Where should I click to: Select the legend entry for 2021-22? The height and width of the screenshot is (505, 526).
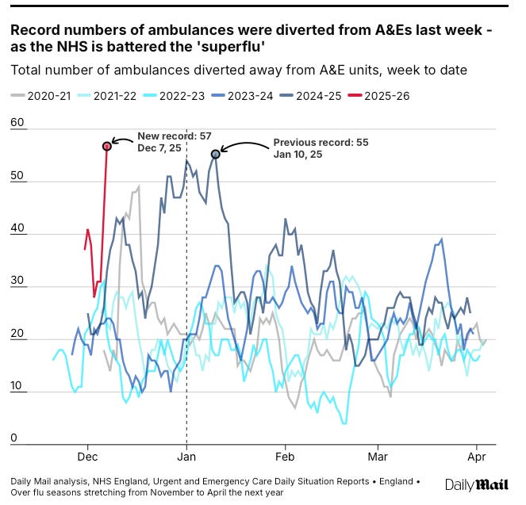pyautogui.click(x=111, y=97)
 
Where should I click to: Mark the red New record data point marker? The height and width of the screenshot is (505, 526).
pyautogui.click(x=106, y=146)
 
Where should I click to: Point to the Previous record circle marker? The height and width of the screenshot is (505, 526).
pyautogui.click(x=215, y=154)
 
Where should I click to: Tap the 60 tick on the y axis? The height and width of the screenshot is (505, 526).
pyautogui.click(x=18, y=124)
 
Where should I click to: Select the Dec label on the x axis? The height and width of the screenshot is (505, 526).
pyautogui.click(x=87, y=457)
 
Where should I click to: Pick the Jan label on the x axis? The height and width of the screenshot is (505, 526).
pyautogui.click(x=186, y=457)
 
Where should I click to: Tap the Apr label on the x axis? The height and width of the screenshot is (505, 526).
pyautogui.click(x=476, y=457)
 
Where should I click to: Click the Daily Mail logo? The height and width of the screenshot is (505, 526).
pyautogui.click(x=476, y=484)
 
